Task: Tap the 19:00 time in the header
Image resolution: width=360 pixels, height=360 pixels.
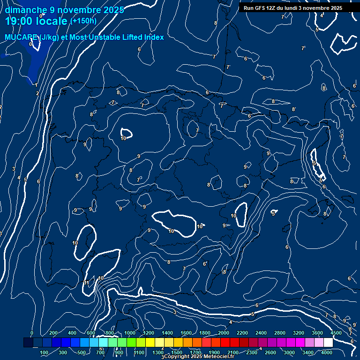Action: tap(20, 21)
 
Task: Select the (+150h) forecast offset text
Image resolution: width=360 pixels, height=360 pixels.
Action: tap(83, 21)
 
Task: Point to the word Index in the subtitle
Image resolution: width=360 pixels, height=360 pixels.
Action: tap(153, 37)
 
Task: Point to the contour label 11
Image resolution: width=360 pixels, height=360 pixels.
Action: tap(86, 283)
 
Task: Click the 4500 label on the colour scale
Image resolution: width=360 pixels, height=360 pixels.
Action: tap(336, 333)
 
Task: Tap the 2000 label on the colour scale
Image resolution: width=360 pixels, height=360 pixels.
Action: tap(224, 333)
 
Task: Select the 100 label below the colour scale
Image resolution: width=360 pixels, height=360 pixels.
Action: tap(44, 352)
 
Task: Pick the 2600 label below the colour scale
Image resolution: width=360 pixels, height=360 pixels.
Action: tap(270, 352)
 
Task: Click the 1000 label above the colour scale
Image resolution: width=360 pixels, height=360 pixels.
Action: tap(130, 333)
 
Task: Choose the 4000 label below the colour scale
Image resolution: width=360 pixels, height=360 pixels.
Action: tap(327, 352)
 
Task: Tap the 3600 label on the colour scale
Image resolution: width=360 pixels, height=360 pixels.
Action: tap(317, 333)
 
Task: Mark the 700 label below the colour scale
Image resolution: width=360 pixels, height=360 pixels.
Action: tap(100, 352)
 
